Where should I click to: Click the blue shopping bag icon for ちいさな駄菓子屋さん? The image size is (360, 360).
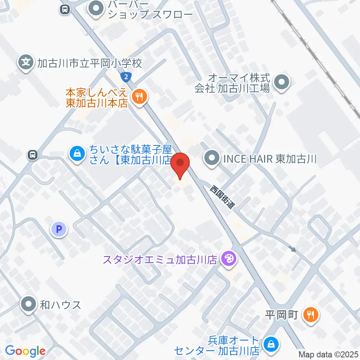click(76, 154)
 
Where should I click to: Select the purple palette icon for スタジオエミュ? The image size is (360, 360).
click(227, 259)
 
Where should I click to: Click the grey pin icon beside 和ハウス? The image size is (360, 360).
click(29, 304)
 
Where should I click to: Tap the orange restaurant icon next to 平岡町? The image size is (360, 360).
click(311, 314)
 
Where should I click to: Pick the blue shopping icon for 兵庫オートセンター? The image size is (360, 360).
click(270, 345)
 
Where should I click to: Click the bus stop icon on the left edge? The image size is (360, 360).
click(33, 154)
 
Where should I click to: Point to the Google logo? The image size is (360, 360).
click(25, 351)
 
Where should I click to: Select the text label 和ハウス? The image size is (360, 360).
click(60, 304)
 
